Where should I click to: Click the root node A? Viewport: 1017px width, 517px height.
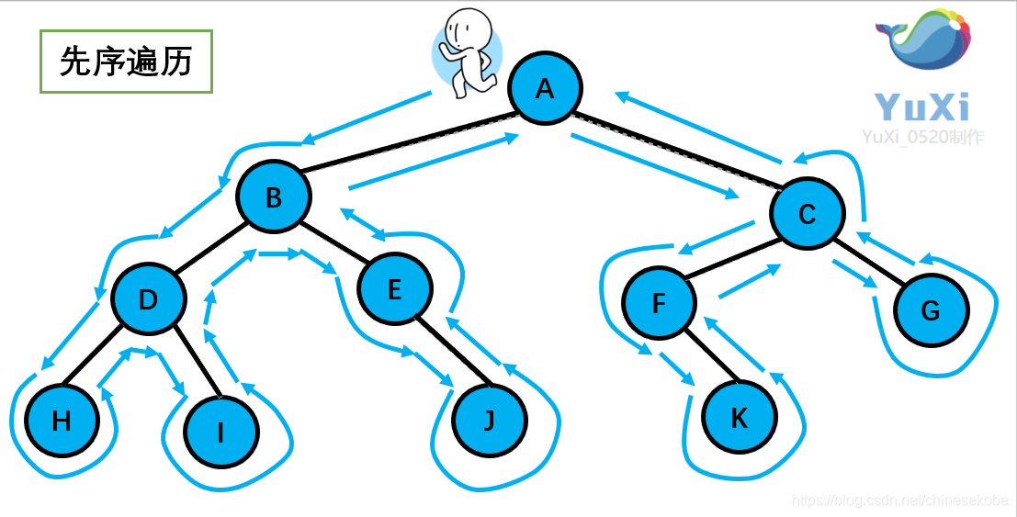tap(546, 89)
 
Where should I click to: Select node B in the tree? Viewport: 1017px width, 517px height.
tap(274, 197)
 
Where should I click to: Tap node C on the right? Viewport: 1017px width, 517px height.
tap(807, 214)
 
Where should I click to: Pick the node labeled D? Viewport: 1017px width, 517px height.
tap(149, 299)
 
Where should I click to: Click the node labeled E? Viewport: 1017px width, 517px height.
tap(395, 289)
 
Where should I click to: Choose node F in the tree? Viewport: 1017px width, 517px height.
tap(659, 303)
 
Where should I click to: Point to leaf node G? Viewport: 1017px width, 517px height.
tap(931, 310)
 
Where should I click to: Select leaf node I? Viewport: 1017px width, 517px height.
tap(220, 432)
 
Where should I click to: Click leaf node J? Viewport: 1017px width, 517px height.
tap(490, 420)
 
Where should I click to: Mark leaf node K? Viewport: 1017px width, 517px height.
tap(739, 419)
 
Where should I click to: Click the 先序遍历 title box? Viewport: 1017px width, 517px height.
tap(126, 62)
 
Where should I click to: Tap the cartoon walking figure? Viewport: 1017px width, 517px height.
tap(466, 52)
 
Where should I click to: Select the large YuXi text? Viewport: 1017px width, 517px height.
tap(921, 107)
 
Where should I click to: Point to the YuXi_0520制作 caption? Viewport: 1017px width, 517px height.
tap(922, 137)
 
